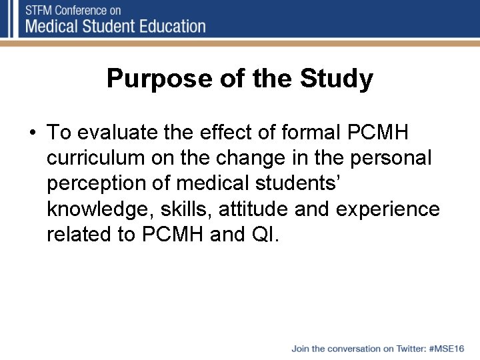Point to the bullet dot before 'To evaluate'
tap(33, 133)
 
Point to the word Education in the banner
tap(170, 27)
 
